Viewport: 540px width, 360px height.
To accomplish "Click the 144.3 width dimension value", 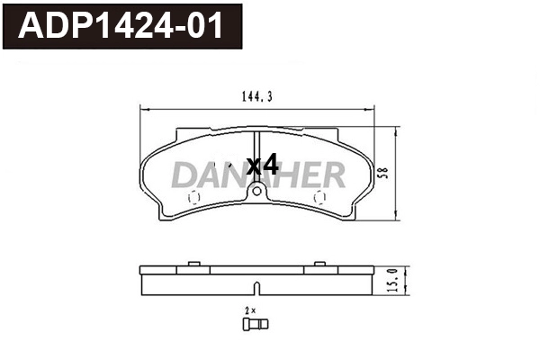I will pyautogui.click(x=258, y=92).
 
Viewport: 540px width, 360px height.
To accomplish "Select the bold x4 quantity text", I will pyautogui.click(x=262, y=165).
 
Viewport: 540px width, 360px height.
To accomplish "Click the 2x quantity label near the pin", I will pyautogui.click(x=250, y=309).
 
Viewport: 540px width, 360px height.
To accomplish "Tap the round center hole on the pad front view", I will pyautogui.click(x=256, y=191).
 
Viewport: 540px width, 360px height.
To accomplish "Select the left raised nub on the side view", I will pyautogui.click(x=192, y=264).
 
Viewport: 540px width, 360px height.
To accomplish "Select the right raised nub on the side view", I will pyautogui.click(x=319, y=264).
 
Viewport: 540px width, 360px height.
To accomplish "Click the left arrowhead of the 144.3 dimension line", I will pyautogui.click(x=142, y=106).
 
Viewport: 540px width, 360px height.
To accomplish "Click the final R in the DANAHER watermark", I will pyautogui.click(x=332, y=175).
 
